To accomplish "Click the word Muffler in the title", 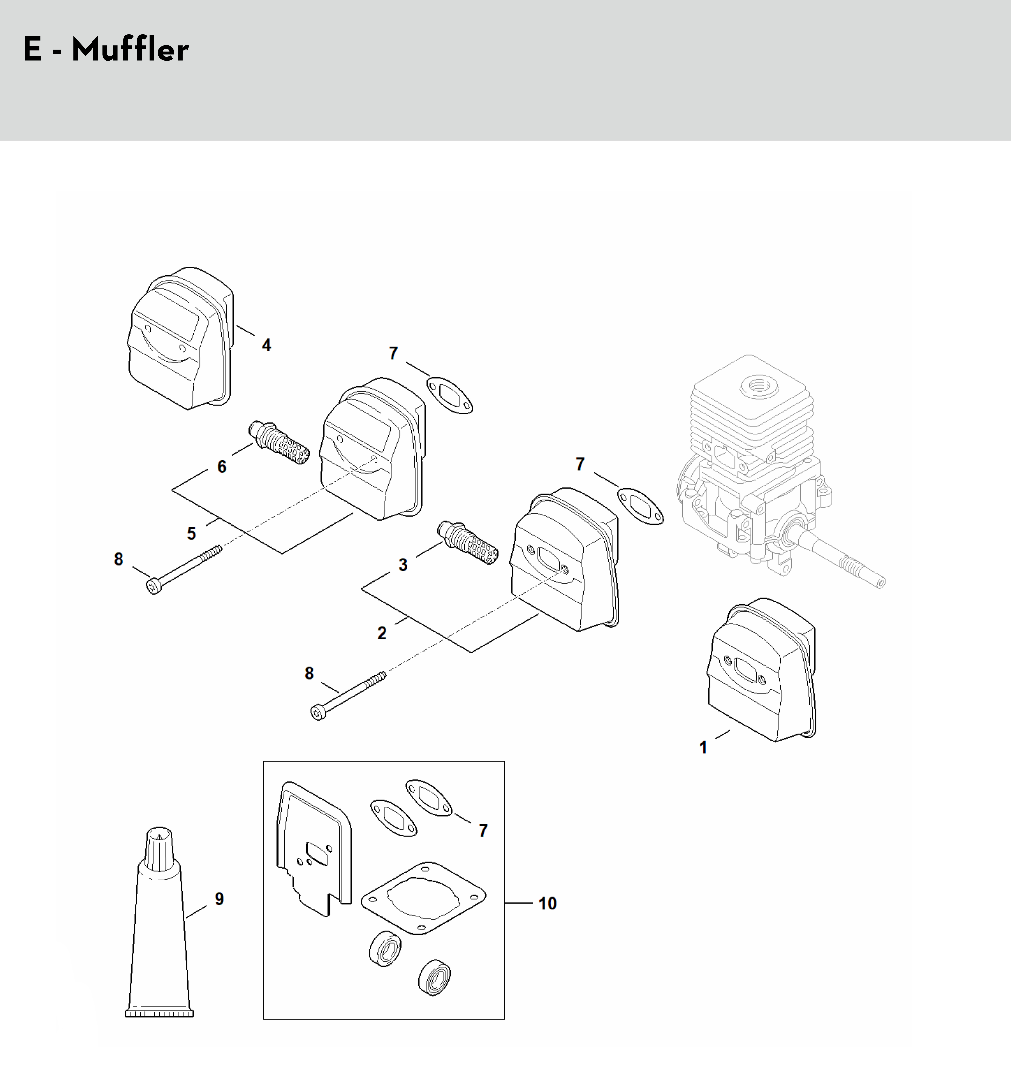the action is point(130,50).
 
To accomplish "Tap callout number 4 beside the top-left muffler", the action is point(266,345).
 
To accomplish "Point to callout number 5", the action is point(191,534).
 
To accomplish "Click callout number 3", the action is point(403,565).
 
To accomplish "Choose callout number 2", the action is point(382,633).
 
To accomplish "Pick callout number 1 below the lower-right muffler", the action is point(703,748).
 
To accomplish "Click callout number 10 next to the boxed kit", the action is point(547,903).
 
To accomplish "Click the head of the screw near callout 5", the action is point(154,586).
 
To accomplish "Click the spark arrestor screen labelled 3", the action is point(468,542).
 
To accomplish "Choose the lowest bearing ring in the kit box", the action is point(434,976).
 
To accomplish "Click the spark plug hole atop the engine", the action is point(759,386).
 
